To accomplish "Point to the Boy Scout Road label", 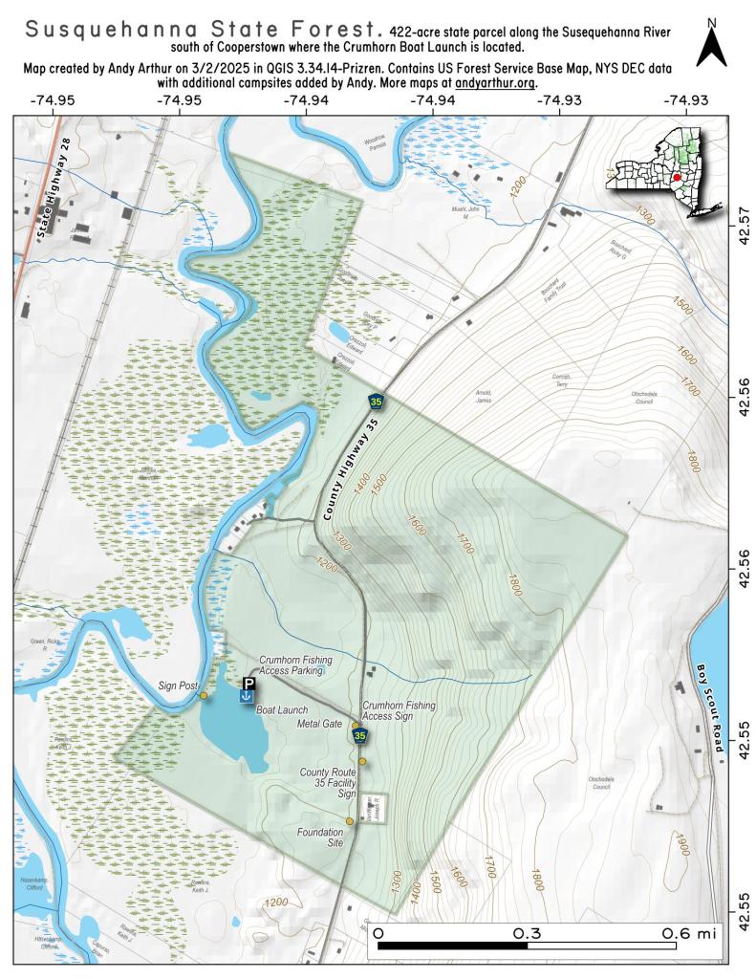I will (x=708, y=708).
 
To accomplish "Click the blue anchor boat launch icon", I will (x=247, y=699).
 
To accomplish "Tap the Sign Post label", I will (x=179, y=685).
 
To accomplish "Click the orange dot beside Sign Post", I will (x=203, y=695).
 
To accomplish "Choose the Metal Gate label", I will (x=320, y=724).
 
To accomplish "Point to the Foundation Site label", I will (x=320, y=838).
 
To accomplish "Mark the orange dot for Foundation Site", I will (x=350, y=820).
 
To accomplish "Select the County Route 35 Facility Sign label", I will (x=328, y=782).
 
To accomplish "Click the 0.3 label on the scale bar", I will (x=528, y=932).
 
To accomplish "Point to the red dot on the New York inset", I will (x=676, y=178).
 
